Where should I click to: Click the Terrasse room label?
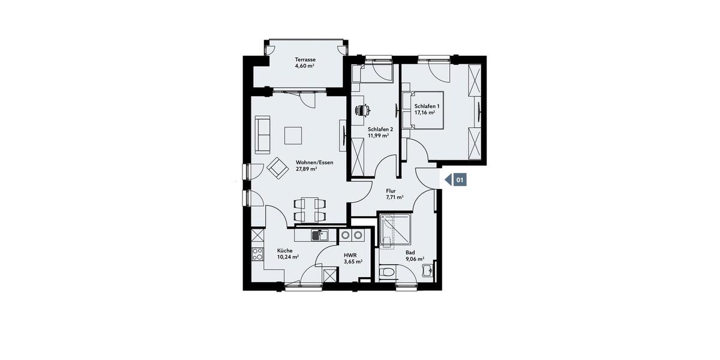(x=305, y=59)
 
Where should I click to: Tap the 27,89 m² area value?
(x=307, y=169)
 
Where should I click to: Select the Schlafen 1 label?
(x=427, y=106)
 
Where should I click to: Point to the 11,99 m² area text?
(x=379, y=136)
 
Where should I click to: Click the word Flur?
(x=391, y=191)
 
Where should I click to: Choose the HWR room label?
(x=350, y=255)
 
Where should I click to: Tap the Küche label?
(x=285, y=251)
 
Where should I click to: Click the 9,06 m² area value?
(x=415, y=259)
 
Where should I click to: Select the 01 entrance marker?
(x=455, y=180)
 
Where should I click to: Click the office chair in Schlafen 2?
(x=362, y=110)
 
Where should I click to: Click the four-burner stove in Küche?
(x=257, y=254)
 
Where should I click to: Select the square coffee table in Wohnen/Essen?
(x=293, y=136)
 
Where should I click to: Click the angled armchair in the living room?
(x=277, y=168)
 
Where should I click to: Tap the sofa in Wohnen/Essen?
(x=263, y=134)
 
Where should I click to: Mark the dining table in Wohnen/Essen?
(x=310, y=210)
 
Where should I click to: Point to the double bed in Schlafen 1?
(x=423, y=110)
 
